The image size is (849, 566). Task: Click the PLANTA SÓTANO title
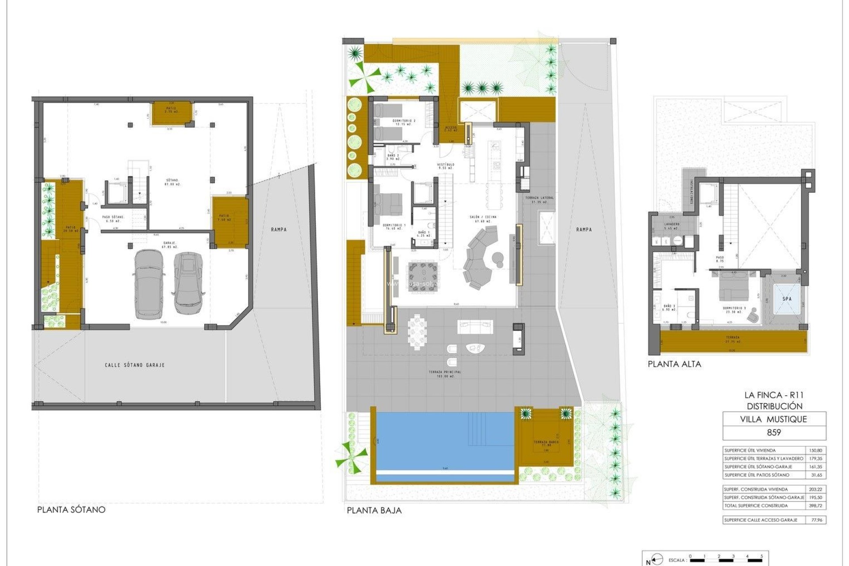tap(71, 509)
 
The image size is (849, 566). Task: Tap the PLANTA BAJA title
tap(374, 510)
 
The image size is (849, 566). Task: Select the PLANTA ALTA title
tap(674, 364)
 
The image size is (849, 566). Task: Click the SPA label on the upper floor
tap(787, 299)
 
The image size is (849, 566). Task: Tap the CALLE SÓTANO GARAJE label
tap(134, 365)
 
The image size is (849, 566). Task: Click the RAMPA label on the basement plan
tap(279, 229)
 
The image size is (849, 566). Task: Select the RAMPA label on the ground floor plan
tap(584, 229)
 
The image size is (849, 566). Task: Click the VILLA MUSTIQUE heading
tap(774, 419)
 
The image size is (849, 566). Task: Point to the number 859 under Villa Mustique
tap(774, 432)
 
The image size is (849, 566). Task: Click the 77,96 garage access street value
tap(816, 520)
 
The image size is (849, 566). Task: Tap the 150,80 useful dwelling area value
tap(816, 450)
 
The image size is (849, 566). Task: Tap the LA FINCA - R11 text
tap(774, 395)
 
